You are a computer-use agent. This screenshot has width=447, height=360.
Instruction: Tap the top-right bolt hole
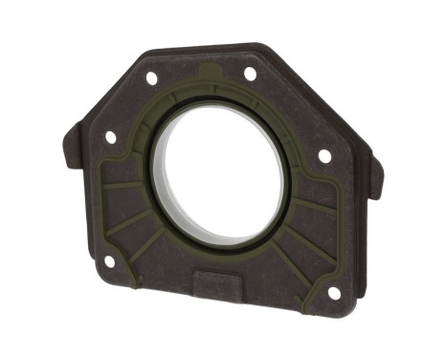[250, 74]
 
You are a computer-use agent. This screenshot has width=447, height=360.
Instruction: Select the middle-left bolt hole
[111, 137]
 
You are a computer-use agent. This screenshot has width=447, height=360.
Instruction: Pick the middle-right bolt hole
[324, 155]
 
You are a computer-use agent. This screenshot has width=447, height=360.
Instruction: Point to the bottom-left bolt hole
[109, 259]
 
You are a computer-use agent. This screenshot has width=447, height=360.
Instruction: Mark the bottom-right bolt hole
[334, 293]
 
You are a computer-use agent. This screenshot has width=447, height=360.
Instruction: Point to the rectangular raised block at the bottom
[221, 284]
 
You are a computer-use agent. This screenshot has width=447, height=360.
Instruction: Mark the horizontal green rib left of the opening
[124, 182]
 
